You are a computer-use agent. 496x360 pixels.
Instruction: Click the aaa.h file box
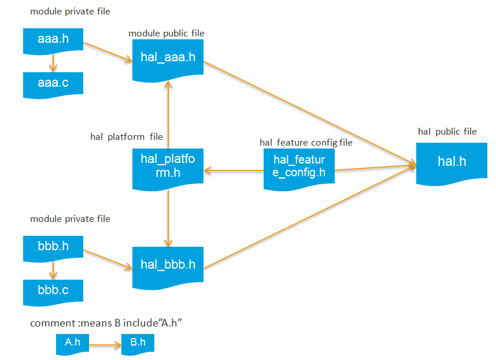pos(53,39)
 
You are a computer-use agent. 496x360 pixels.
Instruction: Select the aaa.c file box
pos(53,83)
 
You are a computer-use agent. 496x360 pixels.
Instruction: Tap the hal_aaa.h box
pos(168,58)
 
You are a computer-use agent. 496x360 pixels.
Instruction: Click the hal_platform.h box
pos(168,166)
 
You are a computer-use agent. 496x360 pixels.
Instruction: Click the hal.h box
pos(451,162)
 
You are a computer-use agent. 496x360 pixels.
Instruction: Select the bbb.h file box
pos(53,247)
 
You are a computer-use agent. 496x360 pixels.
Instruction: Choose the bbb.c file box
pos(53,291)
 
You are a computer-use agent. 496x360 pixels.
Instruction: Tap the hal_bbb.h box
pos(168,265)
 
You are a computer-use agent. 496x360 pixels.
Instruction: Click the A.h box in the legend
pos(72,343)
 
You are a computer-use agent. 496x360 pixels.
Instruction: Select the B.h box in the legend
pos(138,343)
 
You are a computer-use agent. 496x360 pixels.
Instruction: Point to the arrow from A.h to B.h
pos(105,345)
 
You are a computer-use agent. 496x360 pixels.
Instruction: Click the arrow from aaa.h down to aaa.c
pos(53,62)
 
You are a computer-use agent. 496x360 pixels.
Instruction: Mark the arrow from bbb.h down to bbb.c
pos(53,269)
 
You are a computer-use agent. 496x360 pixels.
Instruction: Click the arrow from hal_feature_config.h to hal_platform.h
pos(234,170)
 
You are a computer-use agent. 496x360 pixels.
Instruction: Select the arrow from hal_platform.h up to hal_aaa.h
pos(168,112)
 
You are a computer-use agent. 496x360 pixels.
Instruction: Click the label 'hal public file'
pos(447,132)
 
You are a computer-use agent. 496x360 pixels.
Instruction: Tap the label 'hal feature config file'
pos(306,142)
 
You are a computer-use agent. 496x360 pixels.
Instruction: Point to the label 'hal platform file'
pos(127,137)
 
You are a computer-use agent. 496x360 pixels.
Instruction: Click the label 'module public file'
pos(166,34)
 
